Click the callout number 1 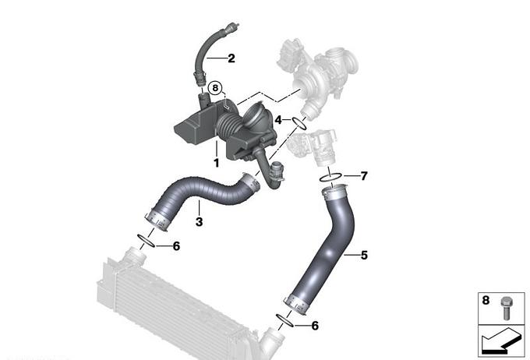pyautogui.click(x=217, y=163)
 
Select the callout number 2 pyautogui.click(x=231, y=58)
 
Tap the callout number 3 pyautogui.click(x=199, y=222)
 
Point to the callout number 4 pyautogui.click(x=278, y=120)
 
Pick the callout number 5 pyautogui.click(x=364, y=255)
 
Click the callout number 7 pyautogui.click(x=364, y=176)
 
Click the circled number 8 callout pyautogui.click(x=215, y=89)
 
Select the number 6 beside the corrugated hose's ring pyautogui.click(x=176, y=246)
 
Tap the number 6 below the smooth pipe pyautogui.click(x=315, y=326)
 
